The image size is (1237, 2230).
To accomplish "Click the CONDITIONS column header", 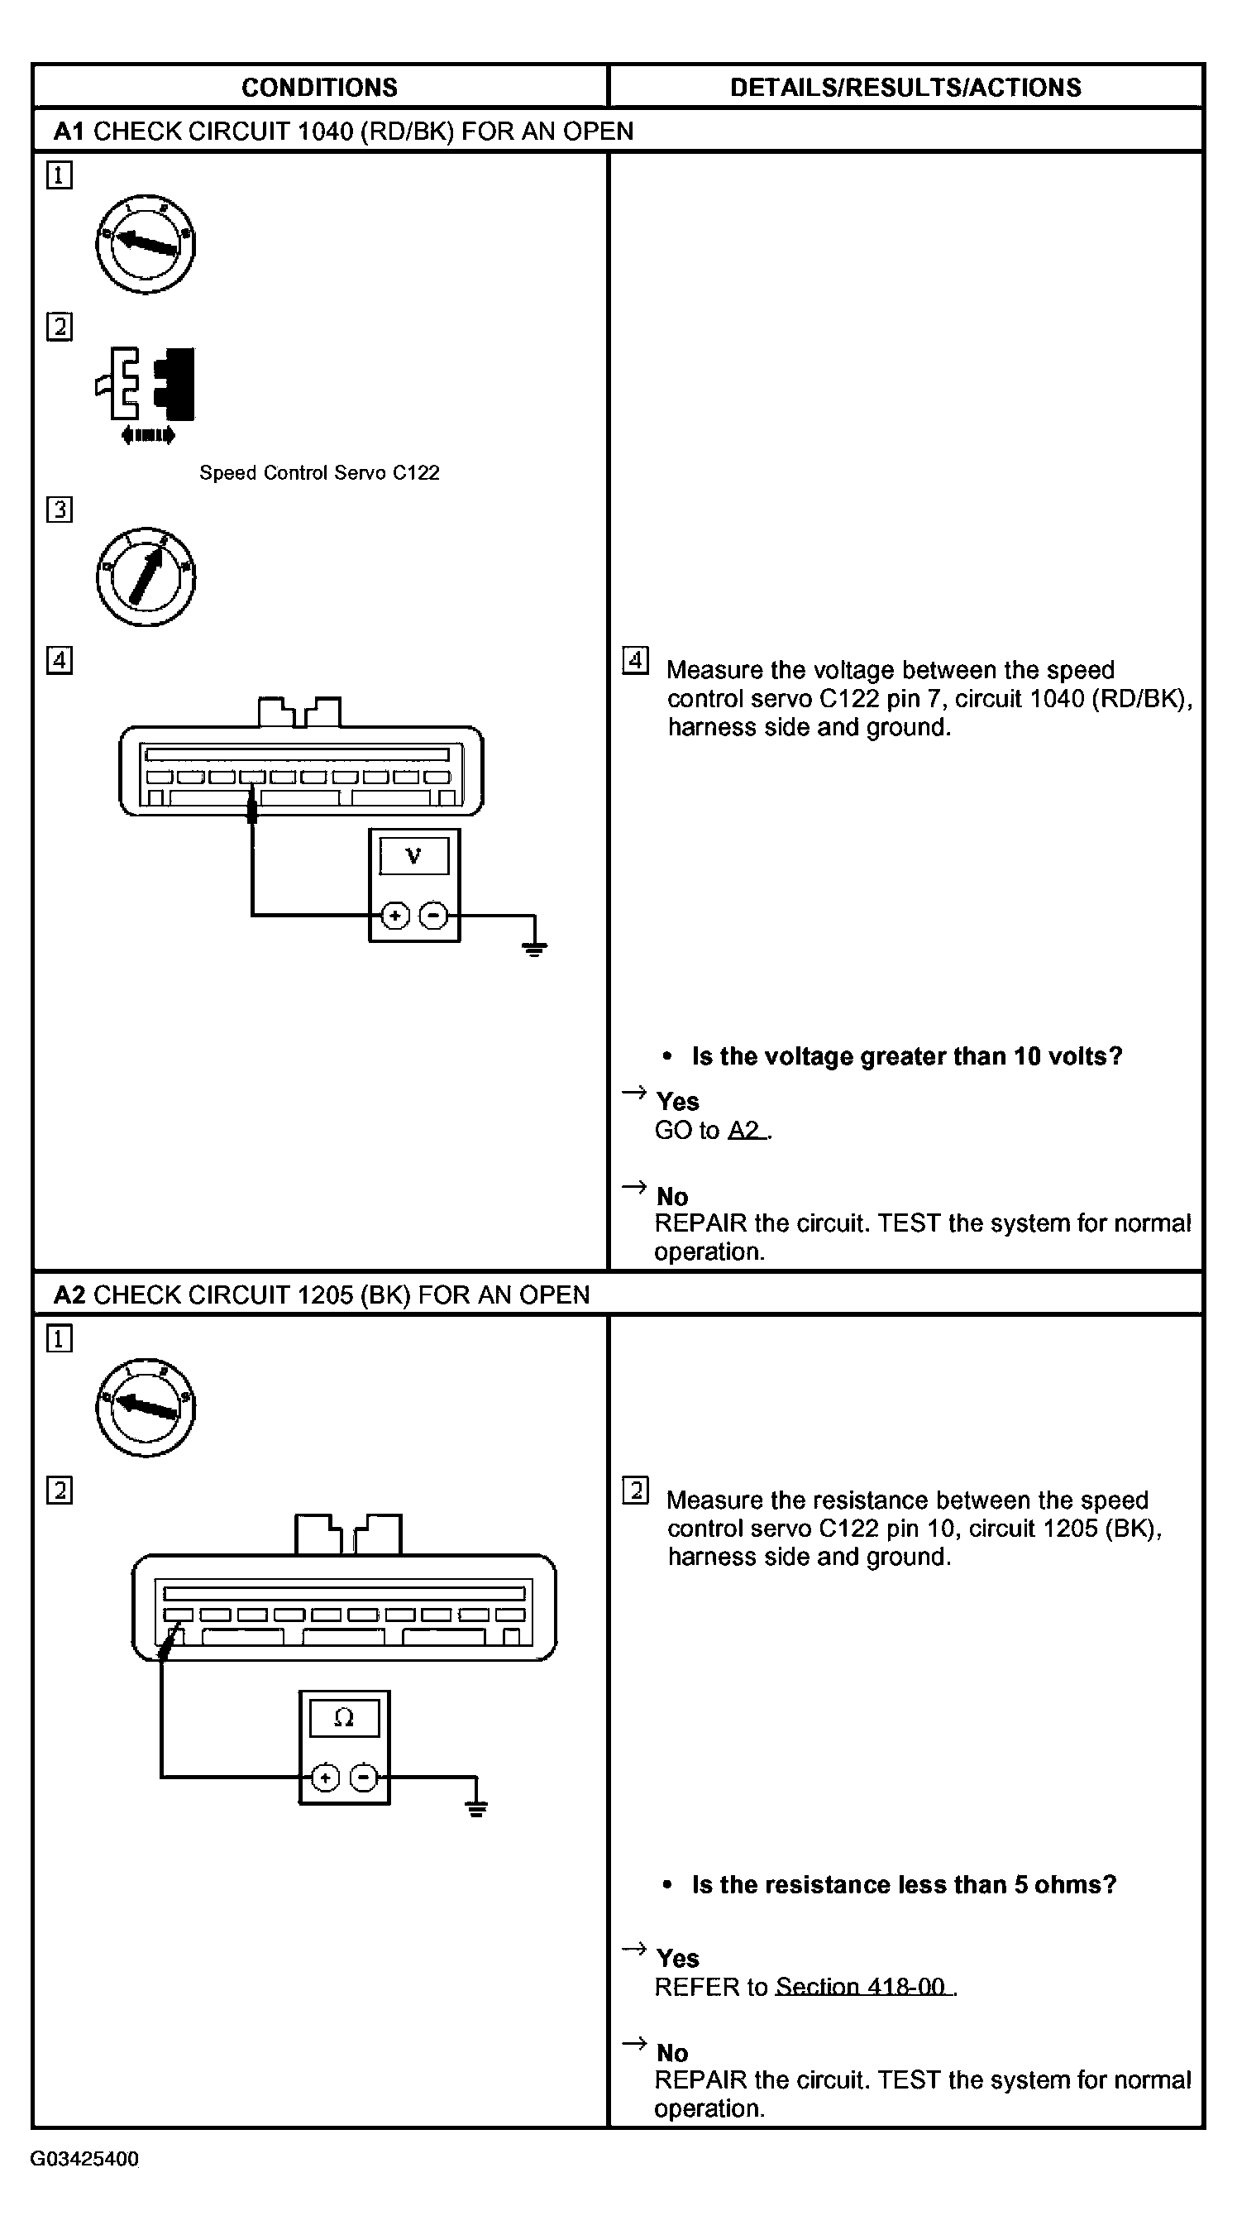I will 319,88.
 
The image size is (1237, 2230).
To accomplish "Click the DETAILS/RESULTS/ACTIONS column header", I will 905,88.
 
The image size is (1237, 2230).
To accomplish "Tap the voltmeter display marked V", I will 413,856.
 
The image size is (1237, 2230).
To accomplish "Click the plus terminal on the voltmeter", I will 394,915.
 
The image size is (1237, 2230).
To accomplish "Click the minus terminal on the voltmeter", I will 433,915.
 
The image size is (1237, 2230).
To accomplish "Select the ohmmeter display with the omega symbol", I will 344,1718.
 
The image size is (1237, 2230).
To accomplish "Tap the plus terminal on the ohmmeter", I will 325,1778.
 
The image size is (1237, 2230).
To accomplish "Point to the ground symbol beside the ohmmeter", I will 476,1808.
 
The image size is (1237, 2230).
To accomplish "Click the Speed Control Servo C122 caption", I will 319,472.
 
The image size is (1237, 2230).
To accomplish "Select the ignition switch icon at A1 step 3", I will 146,577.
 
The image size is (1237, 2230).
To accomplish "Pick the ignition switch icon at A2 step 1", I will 146,1407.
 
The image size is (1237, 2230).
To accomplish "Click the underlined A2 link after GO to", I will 746,1131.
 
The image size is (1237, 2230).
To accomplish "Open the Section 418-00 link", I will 862,1987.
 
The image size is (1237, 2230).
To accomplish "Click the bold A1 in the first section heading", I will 69,132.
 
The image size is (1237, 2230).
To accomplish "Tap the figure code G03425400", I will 85,2158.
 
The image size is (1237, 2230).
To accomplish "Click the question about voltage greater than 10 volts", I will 905,1056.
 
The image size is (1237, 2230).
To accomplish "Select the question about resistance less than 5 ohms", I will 903,1884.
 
